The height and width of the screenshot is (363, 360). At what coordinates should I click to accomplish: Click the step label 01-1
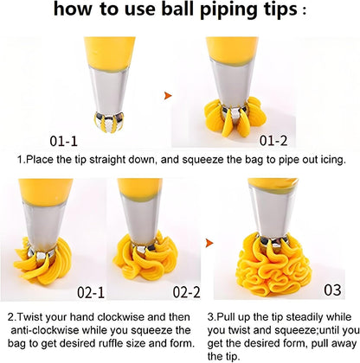[x=63, y=141]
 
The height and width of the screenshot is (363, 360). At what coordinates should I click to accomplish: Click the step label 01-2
[x=273, y=141]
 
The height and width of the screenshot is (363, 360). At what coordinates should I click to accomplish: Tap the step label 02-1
[x=91, y=293]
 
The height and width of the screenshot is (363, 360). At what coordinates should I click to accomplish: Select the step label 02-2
[x=186, y=292]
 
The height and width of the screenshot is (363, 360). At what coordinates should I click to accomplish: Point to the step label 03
[x=332, y=290]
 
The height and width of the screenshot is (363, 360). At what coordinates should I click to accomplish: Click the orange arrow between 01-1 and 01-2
[x=168, y=96]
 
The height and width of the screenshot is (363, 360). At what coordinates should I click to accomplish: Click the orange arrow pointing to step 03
[x=209, y=243]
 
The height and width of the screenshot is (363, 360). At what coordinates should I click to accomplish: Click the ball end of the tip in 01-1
[x=109, y=121]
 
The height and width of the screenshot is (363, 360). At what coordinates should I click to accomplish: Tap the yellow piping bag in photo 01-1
[x=110, y=54]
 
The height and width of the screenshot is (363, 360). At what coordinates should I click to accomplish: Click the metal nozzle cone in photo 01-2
[x=232, y=84]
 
